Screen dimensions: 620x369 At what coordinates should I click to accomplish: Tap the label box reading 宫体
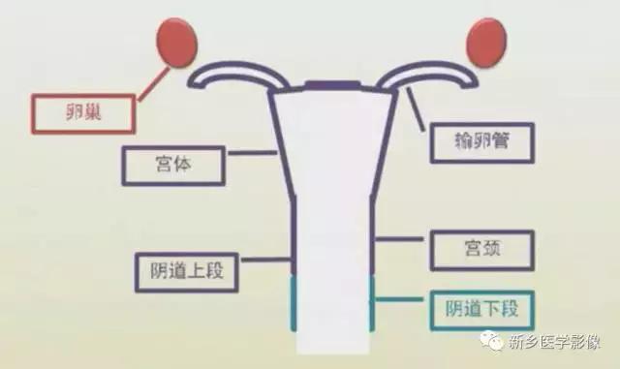[x=175, y=165]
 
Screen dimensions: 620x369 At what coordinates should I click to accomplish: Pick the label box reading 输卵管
[x=480, y=140]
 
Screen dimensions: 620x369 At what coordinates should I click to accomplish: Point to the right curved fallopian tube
[x=432, y=74]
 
